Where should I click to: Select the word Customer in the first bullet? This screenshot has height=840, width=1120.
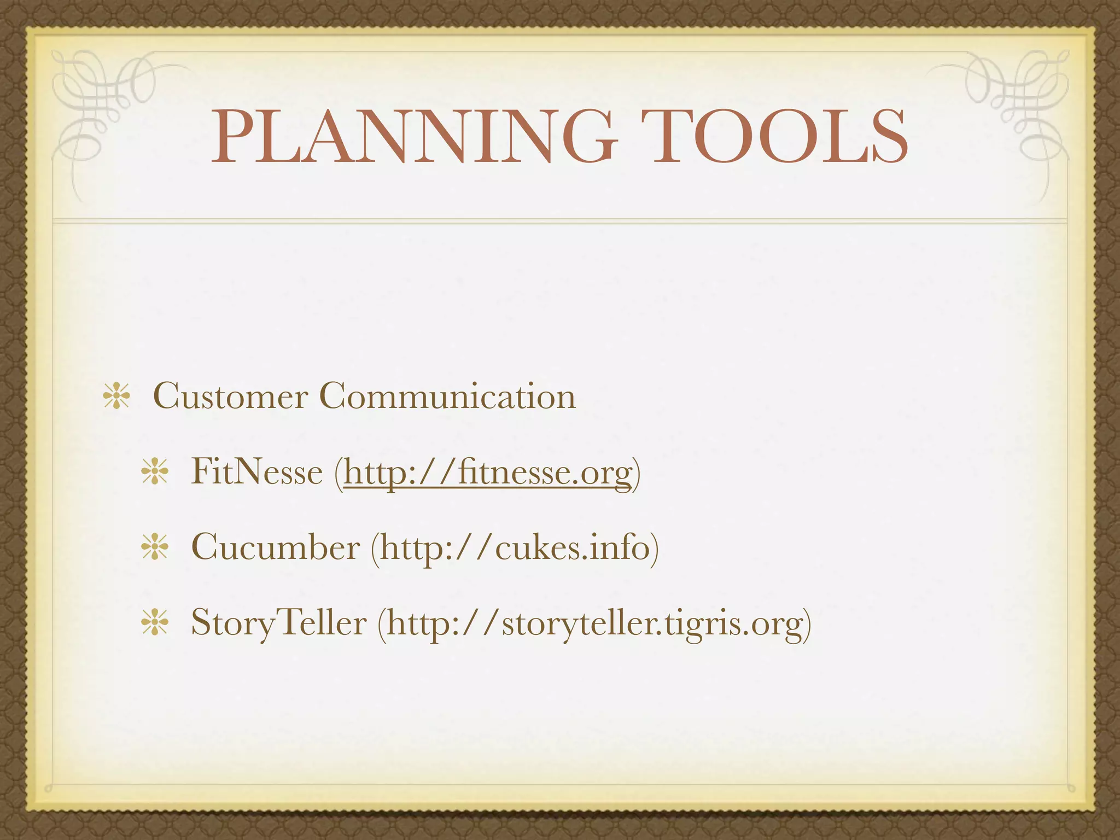coord(230,396)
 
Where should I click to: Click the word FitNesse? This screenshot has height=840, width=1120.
coord(256,471)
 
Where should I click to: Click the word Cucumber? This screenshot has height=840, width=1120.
coord(276,547)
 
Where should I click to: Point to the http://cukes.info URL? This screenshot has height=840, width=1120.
coord(515,547)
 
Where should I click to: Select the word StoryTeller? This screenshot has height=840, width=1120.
coord(278,622)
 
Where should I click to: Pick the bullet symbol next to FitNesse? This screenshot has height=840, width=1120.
coord(155,472)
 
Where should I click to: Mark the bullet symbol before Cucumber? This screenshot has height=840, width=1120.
coord(155,547)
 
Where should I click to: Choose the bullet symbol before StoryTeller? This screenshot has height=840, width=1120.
coord(155,623)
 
